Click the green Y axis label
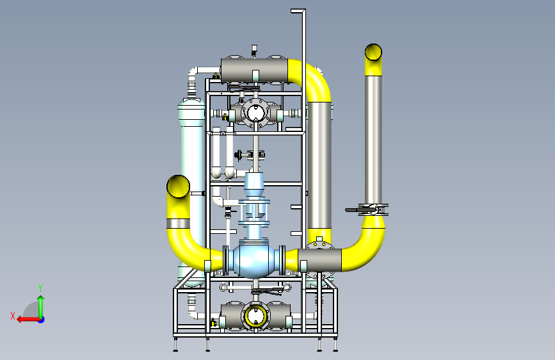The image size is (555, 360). (x=40, y=288)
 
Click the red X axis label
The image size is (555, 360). (x=13, y=316)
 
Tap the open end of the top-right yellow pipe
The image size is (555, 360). (x=373, y=52)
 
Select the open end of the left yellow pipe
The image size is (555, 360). (x=178, y=186)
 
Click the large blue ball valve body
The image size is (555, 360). (x=253, y=259)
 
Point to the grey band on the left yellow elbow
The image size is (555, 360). (x=178, y=224)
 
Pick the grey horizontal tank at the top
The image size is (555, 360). (x=254, y=70)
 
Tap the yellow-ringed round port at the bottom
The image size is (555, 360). (x=255, y=316)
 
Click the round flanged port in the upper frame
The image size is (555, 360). (x=255, y=113)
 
